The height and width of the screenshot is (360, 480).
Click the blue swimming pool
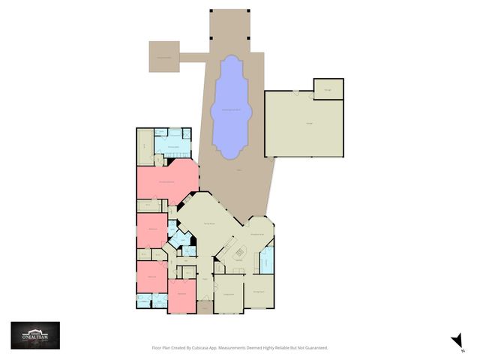pos(231,109)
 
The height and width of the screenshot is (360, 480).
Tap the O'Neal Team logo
pos(34,334)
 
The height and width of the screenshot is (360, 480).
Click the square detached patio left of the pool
pos(163,57)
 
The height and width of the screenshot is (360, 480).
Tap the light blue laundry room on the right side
pos(267,262)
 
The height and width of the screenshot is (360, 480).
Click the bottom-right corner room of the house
pos(260,292)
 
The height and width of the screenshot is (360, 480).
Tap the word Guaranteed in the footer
pos(316,348)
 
